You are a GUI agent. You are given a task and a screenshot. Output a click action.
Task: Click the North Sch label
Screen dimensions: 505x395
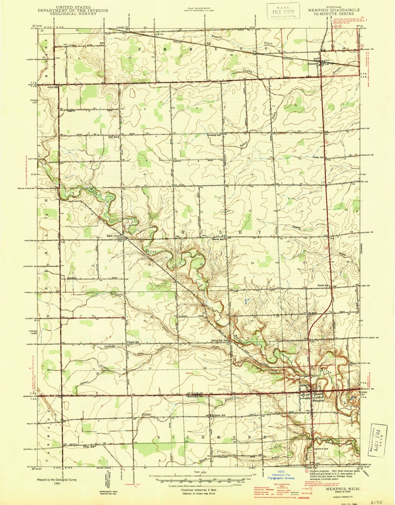click(x=323, y=285)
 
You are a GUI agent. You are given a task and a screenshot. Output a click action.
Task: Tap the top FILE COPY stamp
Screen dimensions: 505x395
click(x=283, y=11)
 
